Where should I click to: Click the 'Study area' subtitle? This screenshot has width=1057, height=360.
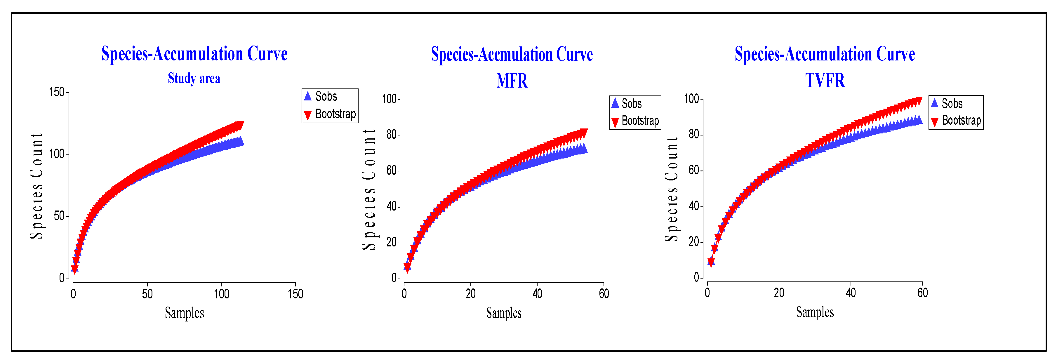click(194, 78)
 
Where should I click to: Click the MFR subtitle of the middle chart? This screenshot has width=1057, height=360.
click(512, 81)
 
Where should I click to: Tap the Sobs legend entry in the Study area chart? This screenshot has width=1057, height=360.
click(326, 96)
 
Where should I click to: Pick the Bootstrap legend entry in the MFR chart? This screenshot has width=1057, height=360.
click(640, 121)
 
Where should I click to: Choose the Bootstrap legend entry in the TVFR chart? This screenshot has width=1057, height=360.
click(961, 120)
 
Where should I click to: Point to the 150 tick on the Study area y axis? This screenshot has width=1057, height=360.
click(57, 92)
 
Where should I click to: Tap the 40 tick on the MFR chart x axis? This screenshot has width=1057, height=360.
click(537, 293)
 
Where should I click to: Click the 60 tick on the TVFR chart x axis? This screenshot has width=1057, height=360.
click(922, 293)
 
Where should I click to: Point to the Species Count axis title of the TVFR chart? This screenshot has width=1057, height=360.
click(672, 189)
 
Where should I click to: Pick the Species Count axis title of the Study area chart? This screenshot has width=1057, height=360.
click(36, 185)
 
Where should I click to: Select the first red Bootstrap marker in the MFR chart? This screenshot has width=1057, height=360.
click(407, 268)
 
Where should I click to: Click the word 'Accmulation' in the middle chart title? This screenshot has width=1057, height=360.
click(515, 54)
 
